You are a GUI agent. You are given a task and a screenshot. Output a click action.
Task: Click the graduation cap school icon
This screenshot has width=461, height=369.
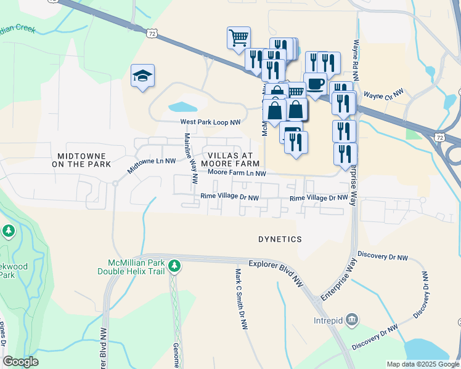[142, 76]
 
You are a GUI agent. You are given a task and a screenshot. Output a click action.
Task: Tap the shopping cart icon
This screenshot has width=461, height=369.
[239, 38]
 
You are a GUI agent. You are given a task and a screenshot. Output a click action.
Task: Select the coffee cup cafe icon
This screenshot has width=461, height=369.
[315, 84]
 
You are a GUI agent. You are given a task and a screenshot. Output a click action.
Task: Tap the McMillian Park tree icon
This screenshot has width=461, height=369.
[175, 265]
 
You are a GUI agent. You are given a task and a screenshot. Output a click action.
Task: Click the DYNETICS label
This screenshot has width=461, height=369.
[280, 239]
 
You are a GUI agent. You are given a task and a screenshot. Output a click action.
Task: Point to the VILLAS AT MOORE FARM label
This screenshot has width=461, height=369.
[233, 159]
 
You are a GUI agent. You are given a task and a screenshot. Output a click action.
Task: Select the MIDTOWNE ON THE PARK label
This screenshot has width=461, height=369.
[81, 161]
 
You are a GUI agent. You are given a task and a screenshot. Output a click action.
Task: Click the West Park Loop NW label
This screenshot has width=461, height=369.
[210, 122]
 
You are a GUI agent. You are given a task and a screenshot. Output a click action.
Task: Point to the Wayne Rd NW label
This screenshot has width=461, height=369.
[356, 55]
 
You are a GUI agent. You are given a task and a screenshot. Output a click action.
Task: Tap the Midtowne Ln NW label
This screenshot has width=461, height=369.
[152, 164]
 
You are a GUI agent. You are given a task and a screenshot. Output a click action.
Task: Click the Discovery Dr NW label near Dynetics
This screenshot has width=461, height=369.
[382, 256]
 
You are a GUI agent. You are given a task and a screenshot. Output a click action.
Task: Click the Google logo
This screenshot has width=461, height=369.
[21, 362]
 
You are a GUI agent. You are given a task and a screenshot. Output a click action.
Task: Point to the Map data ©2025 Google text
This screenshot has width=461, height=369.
[422, 364]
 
